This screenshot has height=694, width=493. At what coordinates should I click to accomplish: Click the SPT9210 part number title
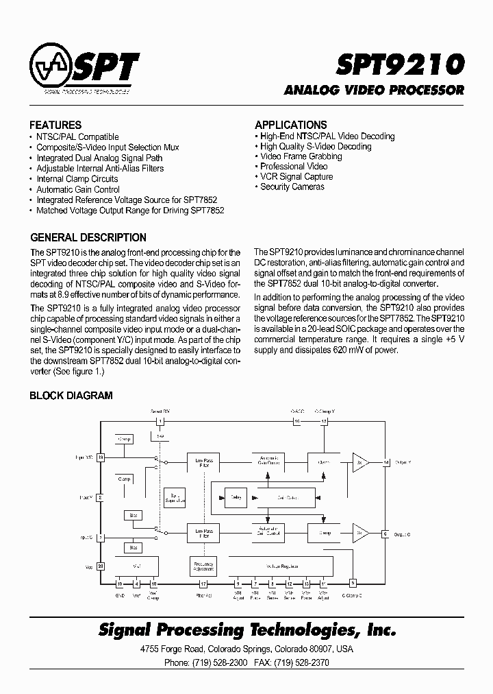pyautogui.click(x=401, y=64)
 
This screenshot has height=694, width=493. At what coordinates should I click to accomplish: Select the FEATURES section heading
pyautogui.click(x=55, y=125)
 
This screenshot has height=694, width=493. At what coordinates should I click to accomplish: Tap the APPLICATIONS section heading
pyautogui.click(x=290, y=125)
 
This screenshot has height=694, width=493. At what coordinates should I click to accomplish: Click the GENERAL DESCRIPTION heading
pyautogui.click(x=88, y=238)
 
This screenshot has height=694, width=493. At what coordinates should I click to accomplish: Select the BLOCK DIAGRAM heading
pyautogui.click(x=71, y=396)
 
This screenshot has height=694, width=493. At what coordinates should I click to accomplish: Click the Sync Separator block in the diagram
pyautogui.click(x=174, y=498)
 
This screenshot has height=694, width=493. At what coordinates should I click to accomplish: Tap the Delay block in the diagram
pyautogui.click(x=236, y=496)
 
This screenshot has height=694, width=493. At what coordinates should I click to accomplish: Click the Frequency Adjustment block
pyautogui.click(x=203, y=566)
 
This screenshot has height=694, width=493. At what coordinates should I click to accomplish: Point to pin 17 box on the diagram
pyautogui.click(x=203, y=584)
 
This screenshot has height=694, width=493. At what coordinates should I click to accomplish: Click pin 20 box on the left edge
pyautogui.click(x=101, y=566)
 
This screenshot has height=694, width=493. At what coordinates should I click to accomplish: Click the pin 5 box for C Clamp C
pyautogui.click(x=353, y=584)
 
